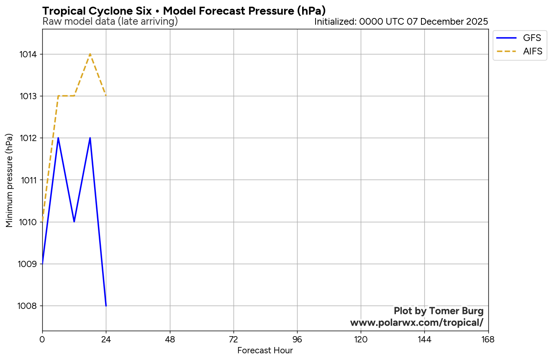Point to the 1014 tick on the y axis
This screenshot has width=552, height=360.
coord(28,54)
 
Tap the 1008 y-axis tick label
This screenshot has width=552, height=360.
coord(28,306)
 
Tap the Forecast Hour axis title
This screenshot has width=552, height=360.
coord(265,351)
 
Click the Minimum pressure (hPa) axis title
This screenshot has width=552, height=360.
coord(9,180)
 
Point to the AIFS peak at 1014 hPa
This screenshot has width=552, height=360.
coord(90,54)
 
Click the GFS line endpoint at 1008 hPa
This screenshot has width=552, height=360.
coord(106,306)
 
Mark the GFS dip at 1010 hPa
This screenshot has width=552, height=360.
coord(74,221)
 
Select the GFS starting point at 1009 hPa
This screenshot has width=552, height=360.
coord(43,264)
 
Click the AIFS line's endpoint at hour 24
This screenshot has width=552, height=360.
coord(106,96)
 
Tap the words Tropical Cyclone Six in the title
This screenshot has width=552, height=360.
coord(97,11)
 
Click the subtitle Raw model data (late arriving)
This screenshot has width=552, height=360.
coord(110,21)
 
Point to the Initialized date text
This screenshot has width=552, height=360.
coord(401,21)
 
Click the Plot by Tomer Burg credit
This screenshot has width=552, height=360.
coord(439,311)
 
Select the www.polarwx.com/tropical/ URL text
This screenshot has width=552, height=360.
coord(417,323)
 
